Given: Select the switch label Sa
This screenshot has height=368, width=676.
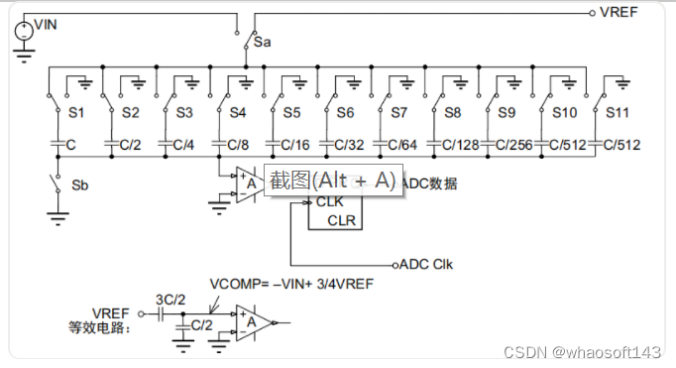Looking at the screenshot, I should click(x=262, y=43).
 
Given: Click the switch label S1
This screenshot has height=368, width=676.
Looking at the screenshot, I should click(x=75, y=113).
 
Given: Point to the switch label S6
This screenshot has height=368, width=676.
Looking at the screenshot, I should click(x=345, y=113).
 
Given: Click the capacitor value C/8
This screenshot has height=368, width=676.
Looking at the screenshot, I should click(x=238, y=145).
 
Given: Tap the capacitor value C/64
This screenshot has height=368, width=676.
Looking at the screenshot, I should click(x=400, y=145).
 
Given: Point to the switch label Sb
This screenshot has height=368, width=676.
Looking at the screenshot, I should click(x=80, y=185).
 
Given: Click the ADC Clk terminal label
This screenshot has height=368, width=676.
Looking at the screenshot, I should click(x=426, y=264).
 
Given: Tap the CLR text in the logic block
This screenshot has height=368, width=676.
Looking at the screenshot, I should click(x=341, y=219).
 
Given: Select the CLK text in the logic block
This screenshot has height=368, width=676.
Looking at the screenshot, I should click(x=330, y=201).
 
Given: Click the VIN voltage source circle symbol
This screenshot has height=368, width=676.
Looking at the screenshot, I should click(x=23, y=31).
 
